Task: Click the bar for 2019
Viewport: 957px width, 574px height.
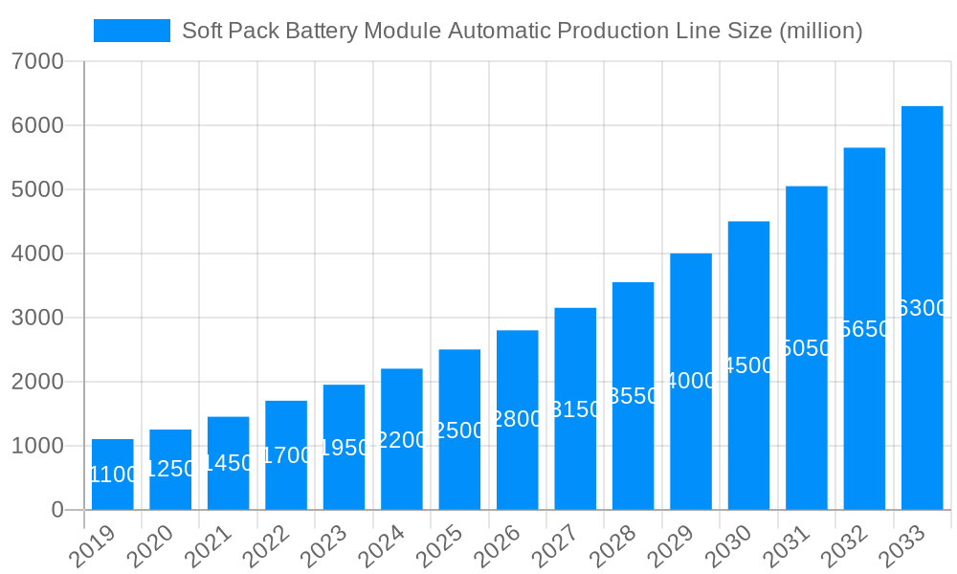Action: click(x=113, y=475)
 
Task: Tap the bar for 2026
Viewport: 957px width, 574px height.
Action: click(x=518, y=420)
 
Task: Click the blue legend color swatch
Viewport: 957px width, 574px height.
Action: click(x=131, y=31)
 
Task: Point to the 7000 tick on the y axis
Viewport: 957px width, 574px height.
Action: click(x=37, y=62)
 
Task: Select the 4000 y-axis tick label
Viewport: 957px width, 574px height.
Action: click(x=37, y=254)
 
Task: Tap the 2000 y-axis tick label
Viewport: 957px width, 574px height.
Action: click(x=37, y=383)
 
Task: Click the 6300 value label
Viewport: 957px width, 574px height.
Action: click(x=923, y=308)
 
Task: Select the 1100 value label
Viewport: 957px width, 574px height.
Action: click(x=113, y=475)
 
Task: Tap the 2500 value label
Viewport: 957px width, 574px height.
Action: click(x=459, y=430)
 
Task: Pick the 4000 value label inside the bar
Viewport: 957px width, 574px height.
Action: click(x=691, y=381)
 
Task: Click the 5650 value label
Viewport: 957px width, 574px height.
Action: click(x=864, y=329)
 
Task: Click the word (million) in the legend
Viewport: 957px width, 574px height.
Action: click(x=820, y=31)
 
